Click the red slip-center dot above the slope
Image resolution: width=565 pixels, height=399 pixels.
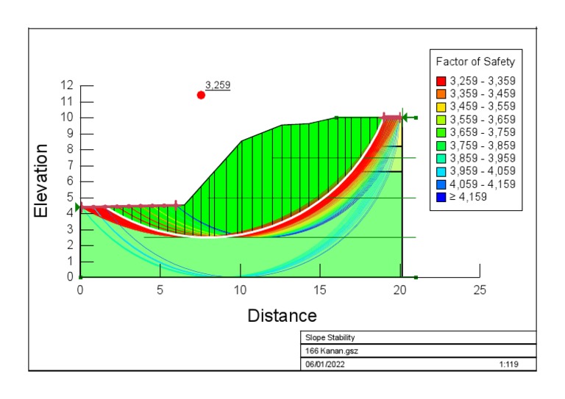coord(201,95)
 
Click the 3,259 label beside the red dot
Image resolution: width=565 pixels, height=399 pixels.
coord(217,85)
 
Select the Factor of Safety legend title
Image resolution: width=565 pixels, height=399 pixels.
coord(475,62)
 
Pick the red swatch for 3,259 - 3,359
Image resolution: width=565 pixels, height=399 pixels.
coord(441,81)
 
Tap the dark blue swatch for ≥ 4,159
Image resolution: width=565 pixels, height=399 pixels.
coord(441,197)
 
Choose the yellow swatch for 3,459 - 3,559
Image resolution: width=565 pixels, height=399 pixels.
coord(441,107)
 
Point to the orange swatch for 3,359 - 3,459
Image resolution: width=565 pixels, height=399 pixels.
coord(441,94)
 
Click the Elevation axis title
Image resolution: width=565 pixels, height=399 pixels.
coord(42,181)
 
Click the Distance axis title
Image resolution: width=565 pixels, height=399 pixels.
coord(282,316)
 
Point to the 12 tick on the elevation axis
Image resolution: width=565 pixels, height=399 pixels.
coord(65,85)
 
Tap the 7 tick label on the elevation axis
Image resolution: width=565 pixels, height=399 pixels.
coord(68,165)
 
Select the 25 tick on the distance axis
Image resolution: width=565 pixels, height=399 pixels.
coord(479,290)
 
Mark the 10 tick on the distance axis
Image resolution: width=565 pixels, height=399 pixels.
coord(240,290)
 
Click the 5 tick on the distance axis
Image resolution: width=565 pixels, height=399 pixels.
coord(160,290)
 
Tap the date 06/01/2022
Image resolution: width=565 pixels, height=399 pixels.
coord(325,364)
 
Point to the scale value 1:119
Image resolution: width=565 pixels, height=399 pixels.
coord(508,364)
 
